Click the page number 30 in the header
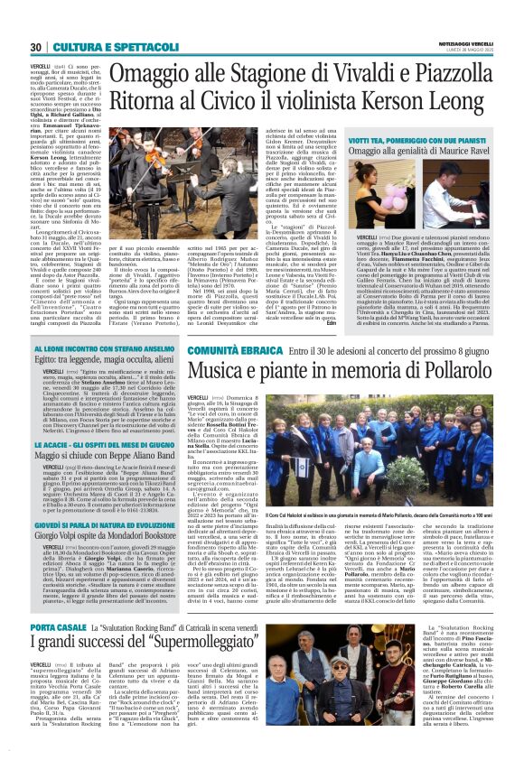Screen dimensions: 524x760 pos(36,47)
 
